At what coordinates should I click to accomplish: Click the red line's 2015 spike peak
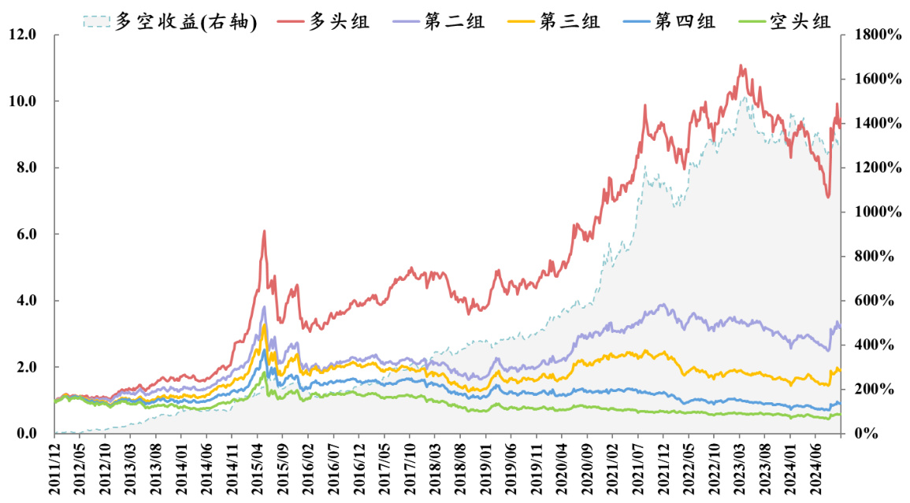click(264, 231)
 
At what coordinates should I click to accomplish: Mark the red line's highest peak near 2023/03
click(741, 65)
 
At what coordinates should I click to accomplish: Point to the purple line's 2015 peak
click(264, 306)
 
